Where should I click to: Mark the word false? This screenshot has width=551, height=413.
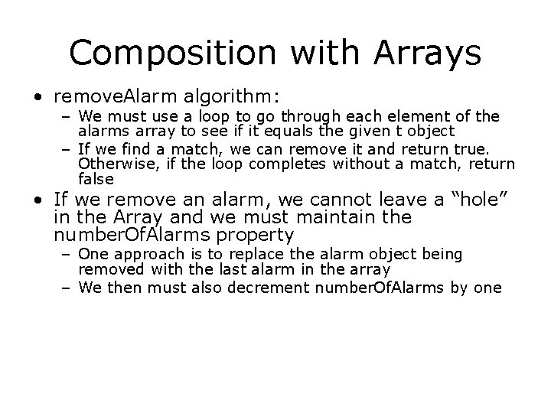click(96, 179)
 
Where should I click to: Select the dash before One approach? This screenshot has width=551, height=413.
click(66, 254)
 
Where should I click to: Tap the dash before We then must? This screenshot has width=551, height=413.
click(66, 288)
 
